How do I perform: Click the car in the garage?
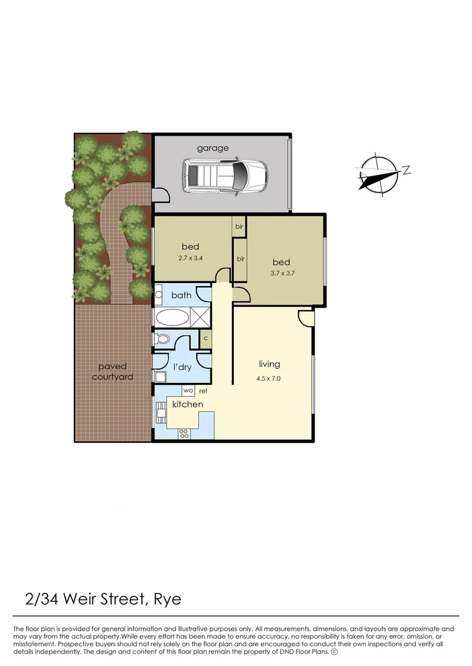[223, 176]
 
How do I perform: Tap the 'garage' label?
[213, 148]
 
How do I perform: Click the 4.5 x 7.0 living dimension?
[268, 379]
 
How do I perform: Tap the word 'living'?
[269, 364]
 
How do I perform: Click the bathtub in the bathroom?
[173, 318]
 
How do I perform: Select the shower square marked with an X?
[201, 318]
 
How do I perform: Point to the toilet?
[162, 339]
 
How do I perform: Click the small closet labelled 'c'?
[205, 338]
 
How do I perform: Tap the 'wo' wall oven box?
[188, 391]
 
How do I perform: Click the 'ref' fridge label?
[203, 391]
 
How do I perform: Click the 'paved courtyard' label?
[112, 372]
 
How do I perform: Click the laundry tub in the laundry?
[160, 377]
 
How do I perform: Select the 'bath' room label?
[181, 295]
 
